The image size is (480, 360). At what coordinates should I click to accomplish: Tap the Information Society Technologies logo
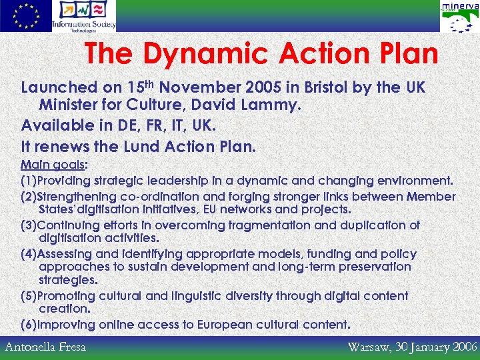click(x=83, y=16)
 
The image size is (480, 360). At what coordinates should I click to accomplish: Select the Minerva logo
click(x=459, y=16)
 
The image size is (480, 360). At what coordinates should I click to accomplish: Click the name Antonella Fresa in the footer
click(x=45, y=347)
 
